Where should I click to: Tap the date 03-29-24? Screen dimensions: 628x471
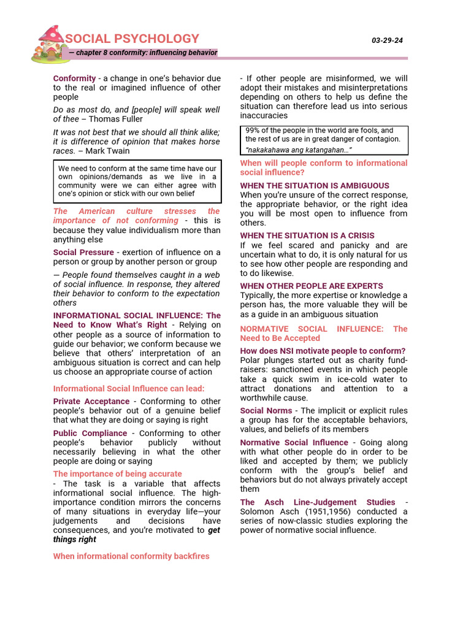coord(387,40)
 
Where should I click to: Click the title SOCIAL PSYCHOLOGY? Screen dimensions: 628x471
coord(132,39)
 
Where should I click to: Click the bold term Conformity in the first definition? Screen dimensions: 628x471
coord(74,78)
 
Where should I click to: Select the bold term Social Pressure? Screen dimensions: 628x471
coord(83,252)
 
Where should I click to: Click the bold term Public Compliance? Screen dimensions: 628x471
coord(90,433)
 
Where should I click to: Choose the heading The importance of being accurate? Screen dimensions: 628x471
coord(117,473)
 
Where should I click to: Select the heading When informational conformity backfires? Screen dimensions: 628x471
coord(131,556)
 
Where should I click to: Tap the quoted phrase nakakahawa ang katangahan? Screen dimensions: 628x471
coord(299,150)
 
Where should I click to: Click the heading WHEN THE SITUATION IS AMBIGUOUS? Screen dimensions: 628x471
coord(315,186)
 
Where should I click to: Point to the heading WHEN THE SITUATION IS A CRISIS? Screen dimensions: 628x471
coord(307,235)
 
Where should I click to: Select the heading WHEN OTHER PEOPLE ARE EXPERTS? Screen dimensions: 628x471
coord(312,286)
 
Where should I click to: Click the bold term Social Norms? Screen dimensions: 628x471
coord(266,411)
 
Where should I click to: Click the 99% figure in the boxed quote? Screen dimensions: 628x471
coord(252,131)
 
